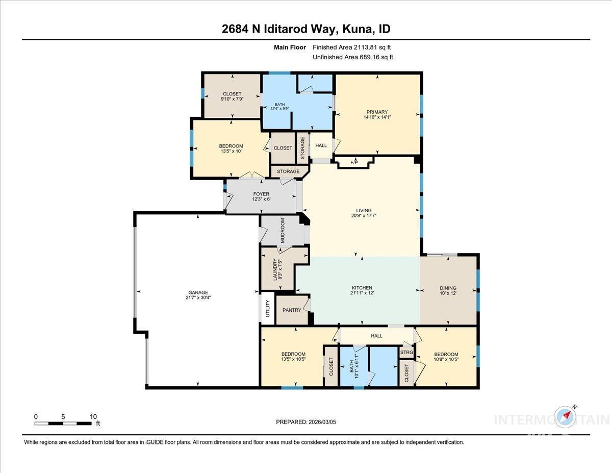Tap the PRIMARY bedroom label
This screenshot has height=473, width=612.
377,112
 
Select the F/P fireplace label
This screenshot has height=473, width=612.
354,162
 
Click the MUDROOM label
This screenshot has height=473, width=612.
282,231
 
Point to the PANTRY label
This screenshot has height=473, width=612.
292,310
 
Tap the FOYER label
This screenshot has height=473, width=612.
261,194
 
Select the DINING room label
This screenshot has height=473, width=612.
448,288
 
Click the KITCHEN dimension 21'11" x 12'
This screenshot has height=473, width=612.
361,293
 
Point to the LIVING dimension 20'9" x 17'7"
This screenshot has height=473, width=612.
364,216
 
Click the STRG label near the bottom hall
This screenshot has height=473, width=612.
406,352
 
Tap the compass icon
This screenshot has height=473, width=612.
566,416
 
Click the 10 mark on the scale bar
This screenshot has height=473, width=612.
93,417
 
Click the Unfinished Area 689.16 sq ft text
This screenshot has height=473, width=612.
352,57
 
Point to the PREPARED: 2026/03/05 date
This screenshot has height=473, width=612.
306,422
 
